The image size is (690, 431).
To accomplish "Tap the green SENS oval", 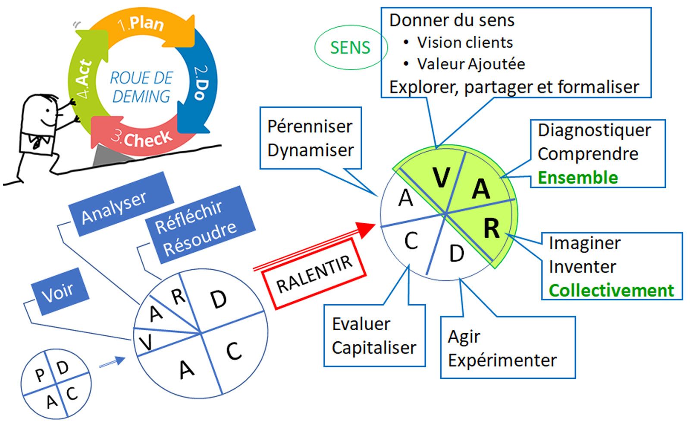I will coord(350,47).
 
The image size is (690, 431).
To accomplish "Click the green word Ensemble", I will coord(578,178).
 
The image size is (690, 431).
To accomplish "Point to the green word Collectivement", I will coord(611,290).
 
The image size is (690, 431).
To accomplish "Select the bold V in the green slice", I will coord(441,177).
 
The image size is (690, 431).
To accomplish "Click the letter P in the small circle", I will coord(40,375).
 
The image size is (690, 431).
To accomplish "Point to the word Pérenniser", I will coord(310,127).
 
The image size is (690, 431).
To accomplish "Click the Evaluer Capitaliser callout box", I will coord(374,336).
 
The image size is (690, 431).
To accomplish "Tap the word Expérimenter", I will coord(502,360).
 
